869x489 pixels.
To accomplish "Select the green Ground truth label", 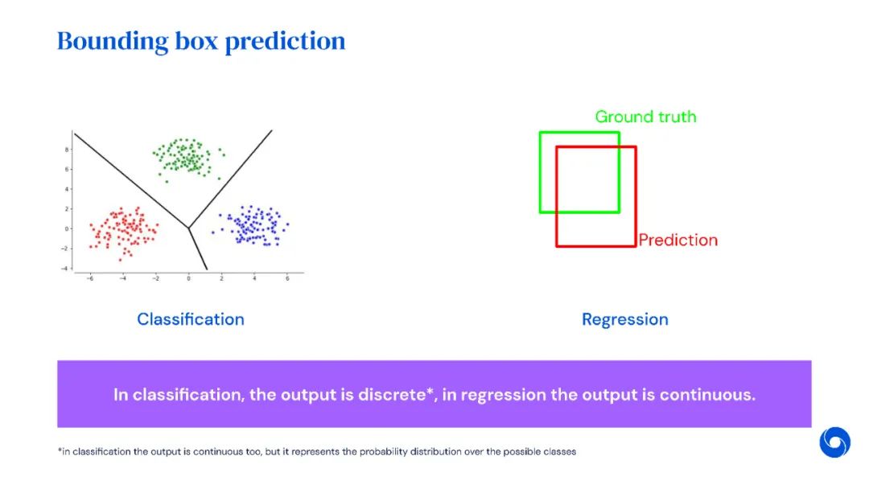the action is [x=645, y=117].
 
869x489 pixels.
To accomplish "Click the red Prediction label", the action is [x=677, y=240].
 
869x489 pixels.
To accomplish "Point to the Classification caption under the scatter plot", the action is [x=191, y=319].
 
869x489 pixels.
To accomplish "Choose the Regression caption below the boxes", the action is [x=625, y=319].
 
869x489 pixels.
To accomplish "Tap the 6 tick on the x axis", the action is [x=287, y=279].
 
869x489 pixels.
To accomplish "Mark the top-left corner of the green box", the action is [x=540, y=133].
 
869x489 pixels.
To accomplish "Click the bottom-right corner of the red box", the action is [x=636, y=245].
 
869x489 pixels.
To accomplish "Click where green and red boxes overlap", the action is [x=587, y=179].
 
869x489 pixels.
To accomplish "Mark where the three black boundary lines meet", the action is [x=189, y=228].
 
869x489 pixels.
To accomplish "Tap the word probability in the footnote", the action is [x=378, y=452].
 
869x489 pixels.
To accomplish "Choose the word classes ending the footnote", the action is [x=560, y=452].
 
